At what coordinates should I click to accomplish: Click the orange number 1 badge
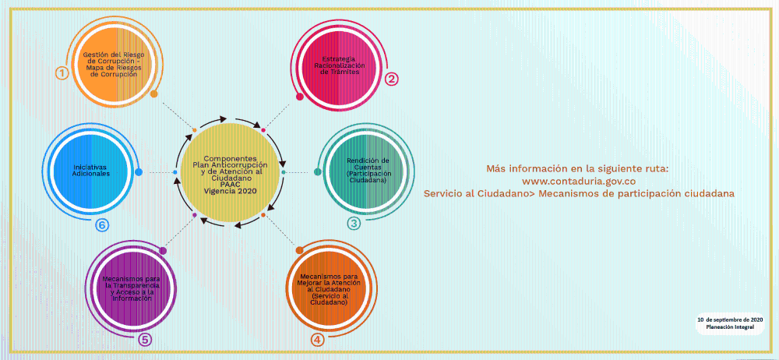62,73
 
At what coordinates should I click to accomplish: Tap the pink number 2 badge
392,79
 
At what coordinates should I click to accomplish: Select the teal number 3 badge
354,224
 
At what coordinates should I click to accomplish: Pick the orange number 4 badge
318,340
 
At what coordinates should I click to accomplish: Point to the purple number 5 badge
144,340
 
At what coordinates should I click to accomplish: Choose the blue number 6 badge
102,225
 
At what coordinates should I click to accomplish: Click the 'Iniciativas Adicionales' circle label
91,170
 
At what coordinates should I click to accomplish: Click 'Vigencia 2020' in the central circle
230,190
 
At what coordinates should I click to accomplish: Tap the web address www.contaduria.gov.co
579,181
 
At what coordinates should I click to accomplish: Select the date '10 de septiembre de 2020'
729,319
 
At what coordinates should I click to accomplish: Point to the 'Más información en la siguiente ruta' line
578,168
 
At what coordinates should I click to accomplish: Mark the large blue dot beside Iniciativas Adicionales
139,172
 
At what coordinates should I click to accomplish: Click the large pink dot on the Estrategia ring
300,97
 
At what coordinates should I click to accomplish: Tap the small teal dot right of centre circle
284,172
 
